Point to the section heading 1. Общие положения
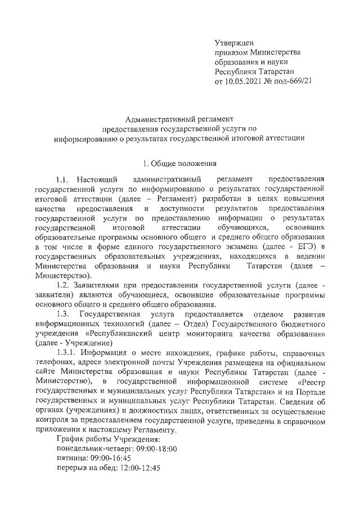180,164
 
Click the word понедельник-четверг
93,448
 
